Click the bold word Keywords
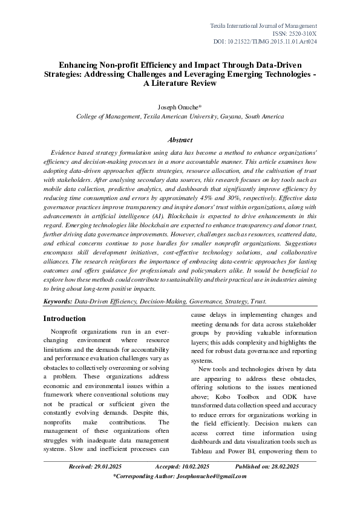click(57, 301)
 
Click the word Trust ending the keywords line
click(257, 301)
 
